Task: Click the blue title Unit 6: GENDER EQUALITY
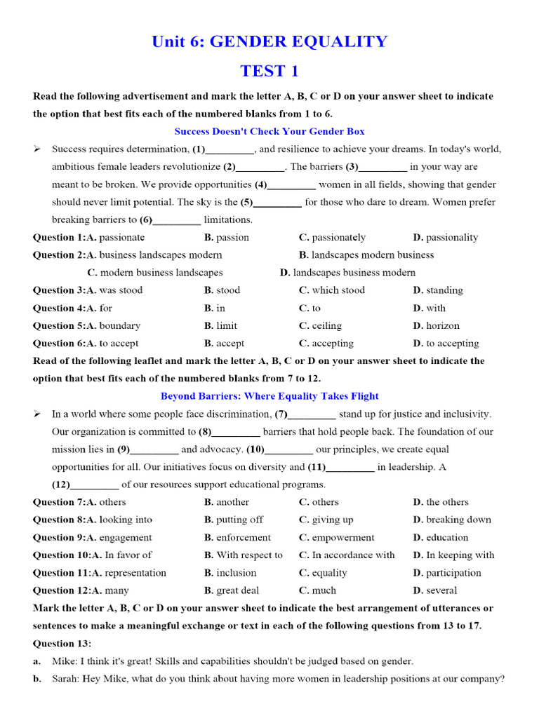[269, 41]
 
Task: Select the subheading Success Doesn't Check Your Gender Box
[269, 131]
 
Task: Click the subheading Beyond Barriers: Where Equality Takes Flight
[269, 396]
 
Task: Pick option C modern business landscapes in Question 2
[155, 273]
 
